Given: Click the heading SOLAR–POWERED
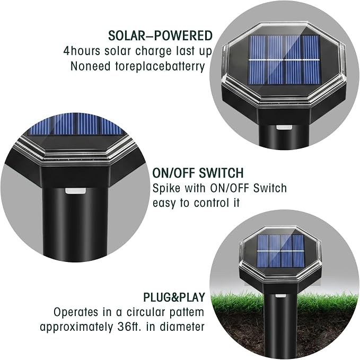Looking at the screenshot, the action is [160, 36].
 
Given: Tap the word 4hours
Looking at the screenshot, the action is [82, 51].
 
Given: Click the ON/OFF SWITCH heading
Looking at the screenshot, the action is [198, 173].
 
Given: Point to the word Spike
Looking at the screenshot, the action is [166, 188].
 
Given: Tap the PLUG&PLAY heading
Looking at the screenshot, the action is [174, 297].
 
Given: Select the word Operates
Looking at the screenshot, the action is [75, 312].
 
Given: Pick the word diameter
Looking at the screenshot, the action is [182, 327].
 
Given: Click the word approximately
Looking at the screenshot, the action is [77, 327].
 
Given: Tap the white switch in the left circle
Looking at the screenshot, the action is [75, 190].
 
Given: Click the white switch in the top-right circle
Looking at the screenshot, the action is [284, 127].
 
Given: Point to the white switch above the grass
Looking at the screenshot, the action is [280, 295].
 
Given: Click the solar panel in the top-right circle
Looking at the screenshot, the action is [284, 60].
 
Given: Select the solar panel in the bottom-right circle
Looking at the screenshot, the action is [280, 251].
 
